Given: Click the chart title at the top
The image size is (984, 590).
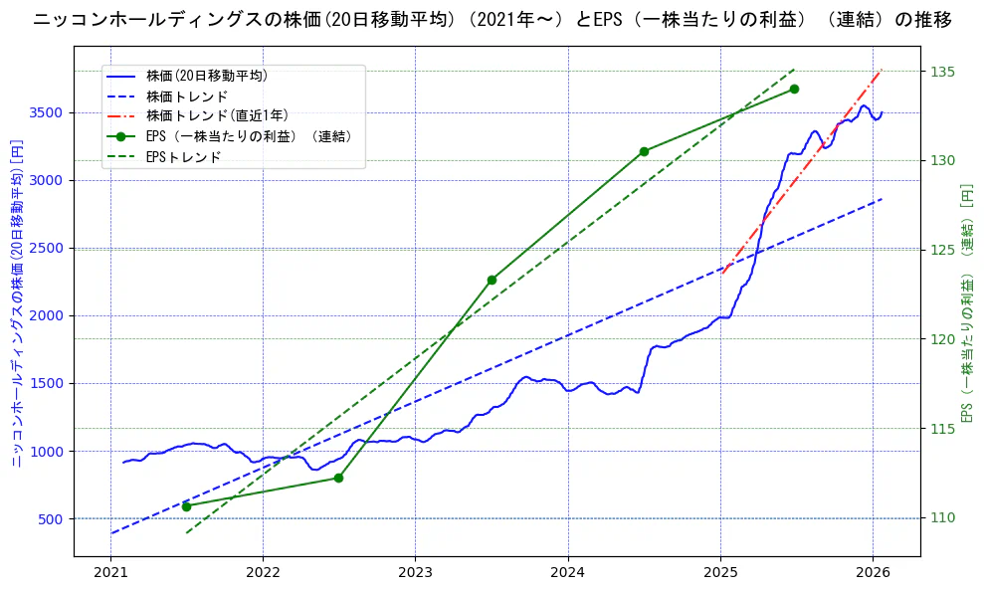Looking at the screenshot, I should [x=492, y=20].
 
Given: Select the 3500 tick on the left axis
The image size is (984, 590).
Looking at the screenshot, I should [x=48, y=112].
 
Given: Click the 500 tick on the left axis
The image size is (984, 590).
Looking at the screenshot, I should [x=52, y=519].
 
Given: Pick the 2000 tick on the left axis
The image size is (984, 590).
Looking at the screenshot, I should [x=48, y=316].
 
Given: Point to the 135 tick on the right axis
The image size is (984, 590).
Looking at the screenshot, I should [x=944, y=72].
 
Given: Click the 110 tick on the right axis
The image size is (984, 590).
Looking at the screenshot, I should [x=944, y=518].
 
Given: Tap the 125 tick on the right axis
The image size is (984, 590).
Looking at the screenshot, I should [x=944, y=250].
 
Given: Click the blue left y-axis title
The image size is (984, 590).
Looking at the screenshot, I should [x=16, y=303].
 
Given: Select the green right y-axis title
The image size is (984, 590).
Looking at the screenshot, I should [x=967, y=303].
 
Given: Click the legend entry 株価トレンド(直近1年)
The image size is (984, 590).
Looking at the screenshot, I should [x=217, y=115].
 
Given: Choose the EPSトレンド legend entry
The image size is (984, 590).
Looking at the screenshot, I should [x=183, y=156].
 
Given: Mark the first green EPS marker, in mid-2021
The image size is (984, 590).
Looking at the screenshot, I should [x=186, y=506].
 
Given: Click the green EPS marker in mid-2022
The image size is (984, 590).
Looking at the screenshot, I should [x=338, y=478].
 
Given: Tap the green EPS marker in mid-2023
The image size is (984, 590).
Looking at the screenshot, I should [x=492, y=280].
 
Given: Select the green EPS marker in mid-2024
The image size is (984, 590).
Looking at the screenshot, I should [x=644, y=151].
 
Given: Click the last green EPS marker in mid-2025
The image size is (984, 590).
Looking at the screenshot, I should [x=794, y=89].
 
